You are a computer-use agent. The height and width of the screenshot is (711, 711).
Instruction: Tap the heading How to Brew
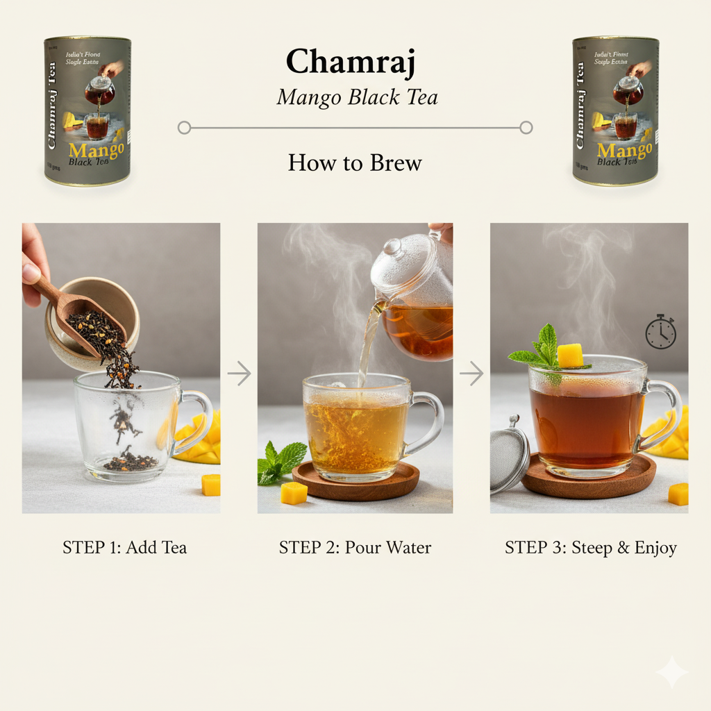coord(355,163)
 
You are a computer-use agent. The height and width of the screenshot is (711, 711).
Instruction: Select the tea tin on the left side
coord(87,111)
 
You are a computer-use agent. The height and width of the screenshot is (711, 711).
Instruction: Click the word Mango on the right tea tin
coord(624,151)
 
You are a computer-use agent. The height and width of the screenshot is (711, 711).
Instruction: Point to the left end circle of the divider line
coord(184,128)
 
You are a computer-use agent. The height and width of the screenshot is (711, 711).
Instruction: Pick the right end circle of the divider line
coord(526,128)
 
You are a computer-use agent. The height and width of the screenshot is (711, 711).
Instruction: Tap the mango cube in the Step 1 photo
coord(210,485)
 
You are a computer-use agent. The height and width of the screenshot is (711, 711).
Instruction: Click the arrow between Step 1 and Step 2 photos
coord(239,374)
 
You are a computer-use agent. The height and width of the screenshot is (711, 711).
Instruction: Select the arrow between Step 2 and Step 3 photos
coord(471,374)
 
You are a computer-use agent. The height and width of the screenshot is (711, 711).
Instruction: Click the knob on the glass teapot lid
coord(392,246)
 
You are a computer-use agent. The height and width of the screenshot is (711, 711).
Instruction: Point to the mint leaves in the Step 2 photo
coord(280,462)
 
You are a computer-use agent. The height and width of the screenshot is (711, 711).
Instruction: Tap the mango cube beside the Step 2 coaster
coord(294,493)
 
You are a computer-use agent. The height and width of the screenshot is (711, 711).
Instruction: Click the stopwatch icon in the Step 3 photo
coord(660,332)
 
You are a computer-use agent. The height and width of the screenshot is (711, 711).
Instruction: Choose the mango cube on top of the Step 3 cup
coord(570,355)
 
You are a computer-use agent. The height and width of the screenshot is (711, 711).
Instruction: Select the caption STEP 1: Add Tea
coord(124,548)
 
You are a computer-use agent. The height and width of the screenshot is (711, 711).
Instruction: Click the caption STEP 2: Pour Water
coord(355,548)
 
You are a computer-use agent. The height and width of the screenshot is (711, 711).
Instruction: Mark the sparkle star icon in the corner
coord(671,672)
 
